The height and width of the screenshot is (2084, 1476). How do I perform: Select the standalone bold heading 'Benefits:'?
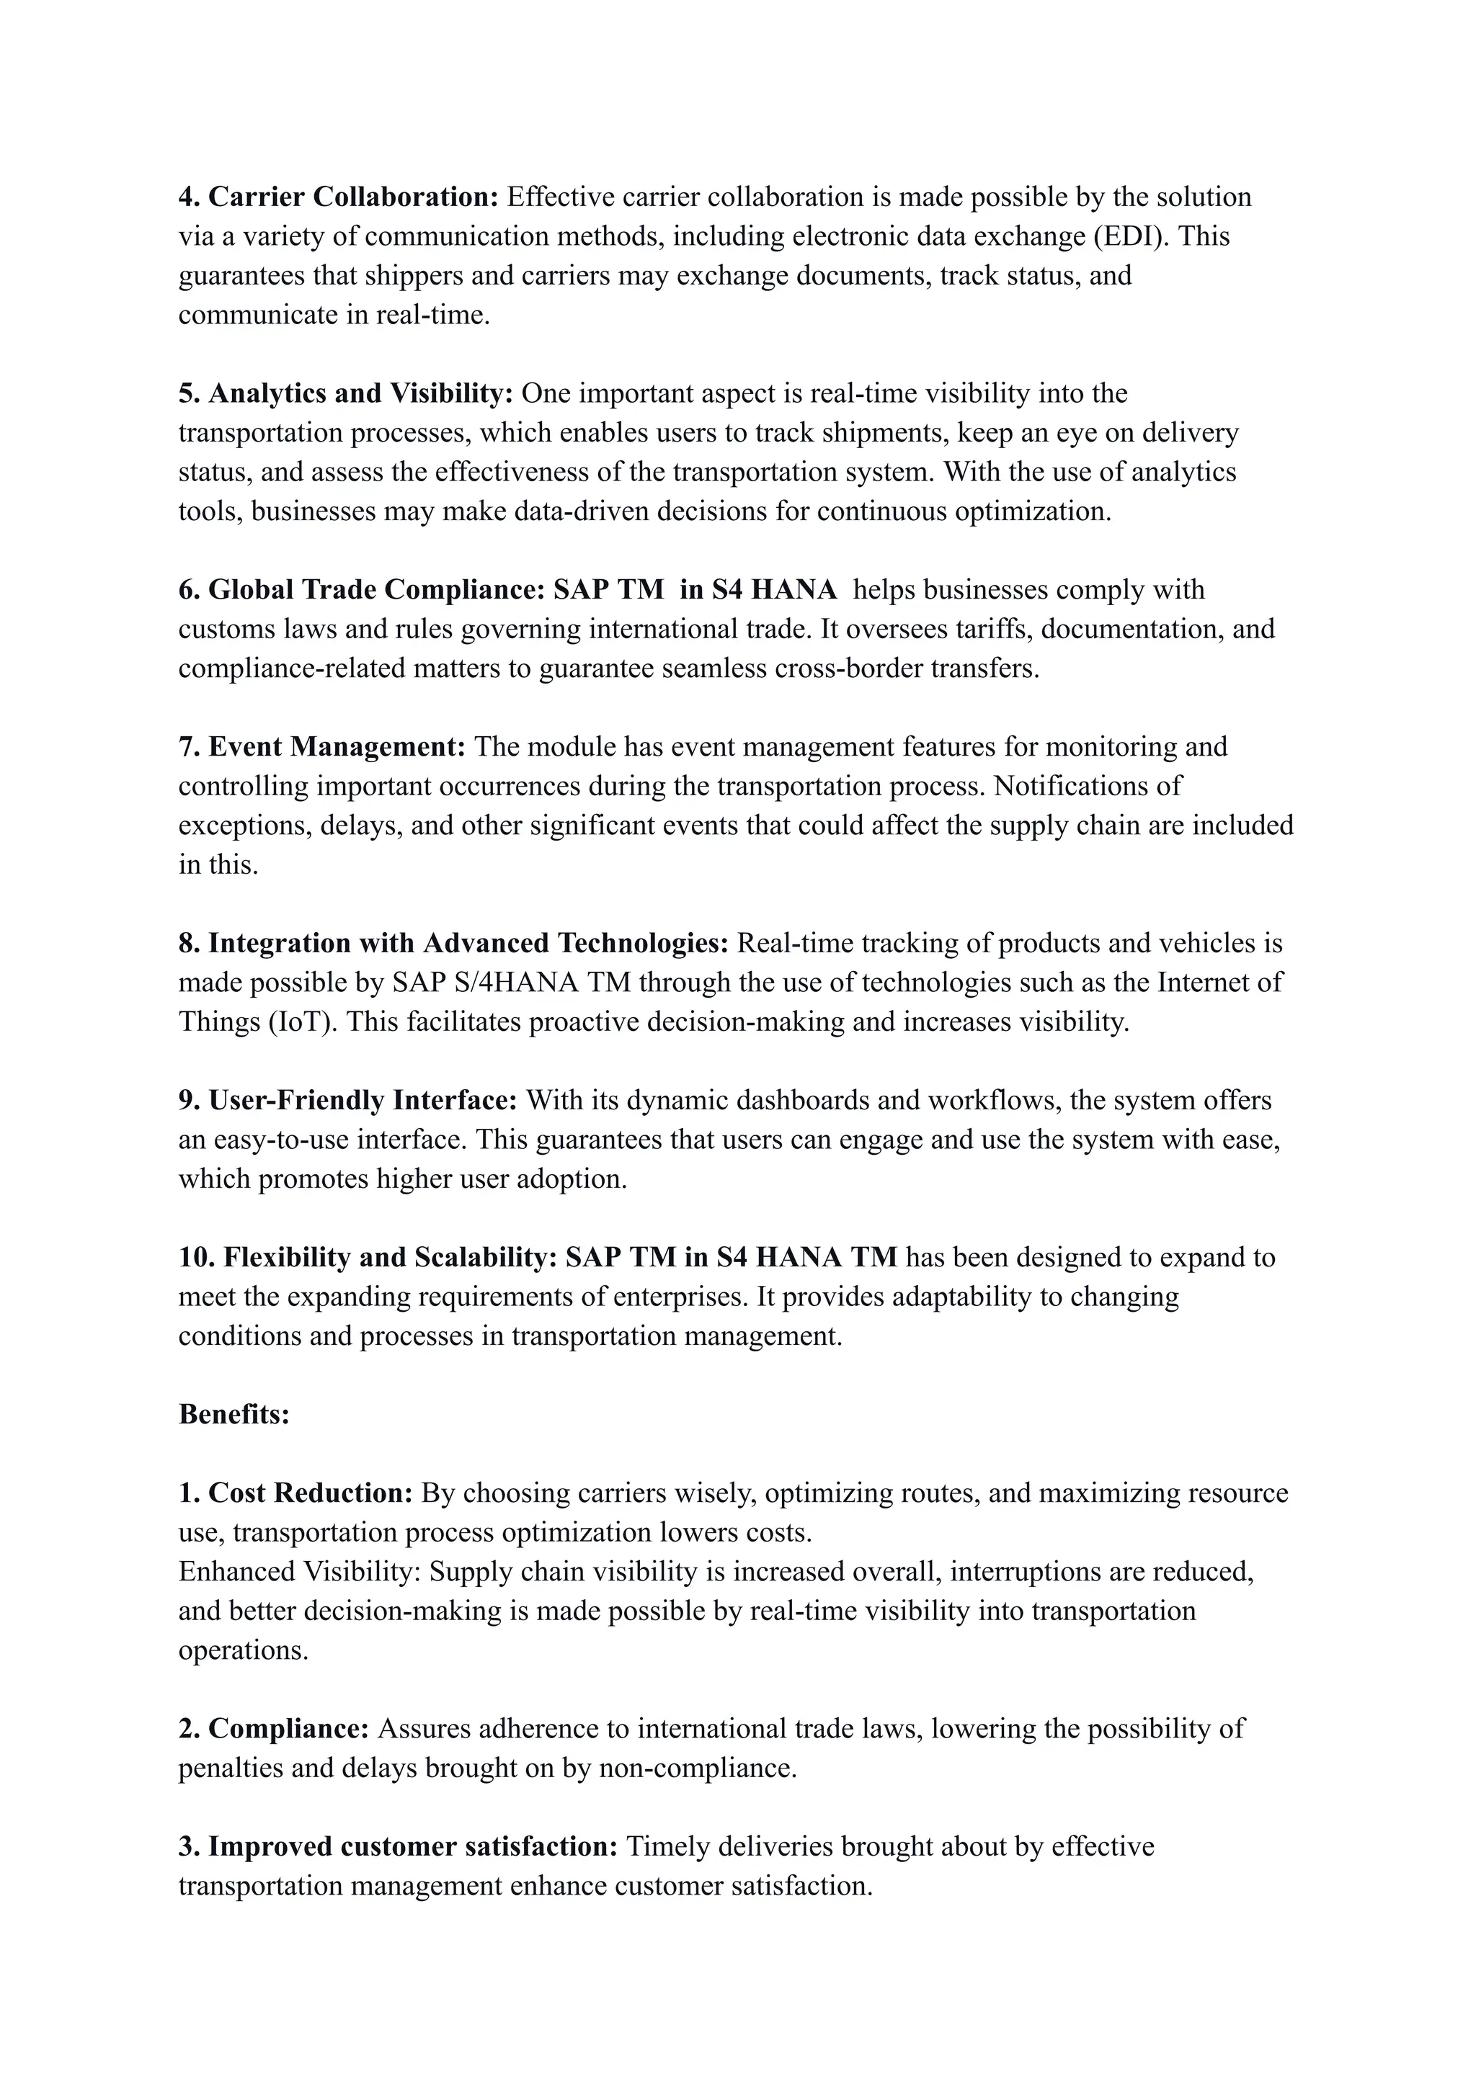click(234, 1415)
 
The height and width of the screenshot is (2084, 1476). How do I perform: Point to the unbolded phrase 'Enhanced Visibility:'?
click(300, 1572)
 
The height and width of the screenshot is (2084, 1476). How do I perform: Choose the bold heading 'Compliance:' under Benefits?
click(288, 1729)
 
